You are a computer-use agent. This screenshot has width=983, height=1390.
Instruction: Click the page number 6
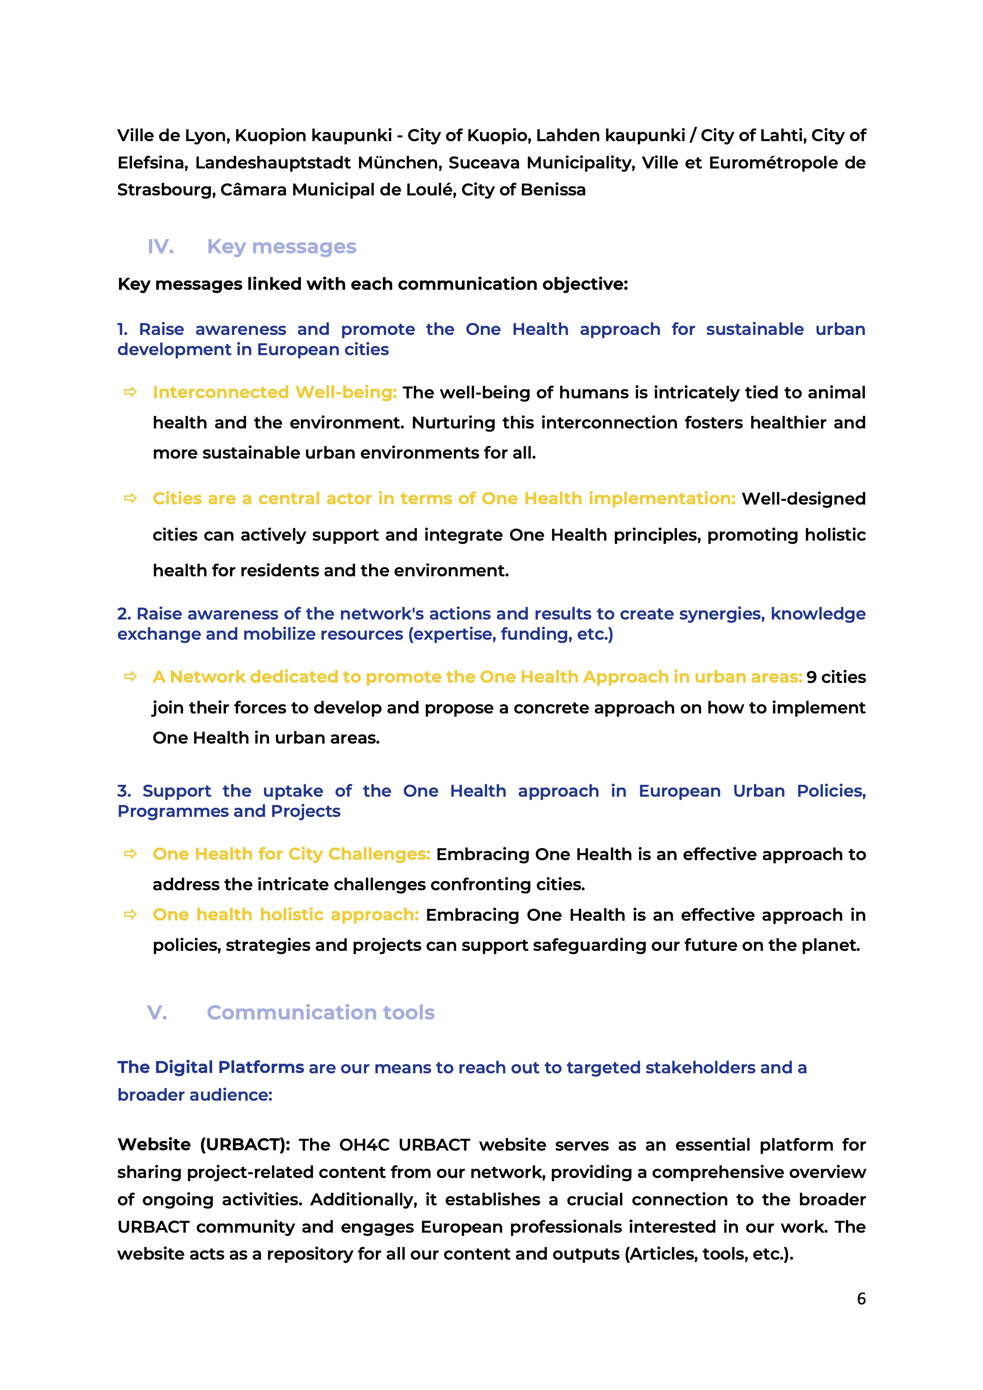(x=861, y=1298)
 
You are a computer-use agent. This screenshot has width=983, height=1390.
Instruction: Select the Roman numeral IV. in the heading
(x=161, y=247)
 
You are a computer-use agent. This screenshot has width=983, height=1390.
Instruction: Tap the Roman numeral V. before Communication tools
(x=157, y=1012)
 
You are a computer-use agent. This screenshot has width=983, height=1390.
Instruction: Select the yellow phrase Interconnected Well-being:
(x=275, y=392)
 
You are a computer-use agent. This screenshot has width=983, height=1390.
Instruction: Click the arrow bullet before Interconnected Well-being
(x=130, y=392)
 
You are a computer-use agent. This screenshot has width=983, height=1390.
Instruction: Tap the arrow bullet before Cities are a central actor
(x=130, y=498)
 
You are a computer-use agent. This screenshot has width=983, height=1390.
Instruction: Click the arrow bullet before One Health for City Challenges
(x=130, y=854)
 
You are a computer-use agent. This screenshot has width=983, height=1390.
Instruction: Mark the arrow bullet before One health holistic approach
(x=130, y=914)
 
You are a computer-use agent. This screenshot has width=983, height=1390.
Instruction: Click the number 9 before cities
(x=811, y=677)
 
